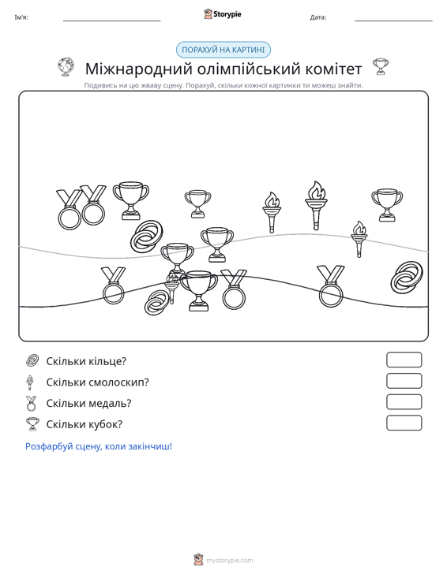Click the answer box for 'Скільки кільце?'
[404, 360]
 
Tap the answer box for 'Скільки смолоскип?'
[404, 381]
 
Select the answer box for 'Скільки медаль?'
[404, 402]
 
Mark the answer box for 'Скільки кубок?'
[404, 423]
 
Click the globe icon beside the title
[66, 67]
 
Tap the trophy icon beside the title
[381, 67]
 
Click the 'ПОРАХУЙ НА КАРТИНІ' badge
[223, 50]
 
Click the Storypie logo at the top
[223, 14]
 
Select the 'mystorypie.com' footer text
[229, 561]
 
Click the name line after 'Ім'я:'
[112, 21]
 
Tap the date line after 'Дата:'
[393, 21]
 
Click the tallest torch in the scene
[317, 205]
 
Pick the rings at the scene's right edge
[407, 278]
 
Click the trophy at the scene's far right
[387, 205]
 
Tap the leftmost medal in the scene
[69, 210]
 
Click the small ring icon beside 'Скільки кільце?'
[32, 360]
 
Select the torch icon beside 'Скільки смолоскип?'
[30, 382]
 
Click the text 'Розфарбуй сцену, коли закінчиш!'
[99, 446]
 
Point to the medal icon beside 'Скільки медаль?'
[32, 403]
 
